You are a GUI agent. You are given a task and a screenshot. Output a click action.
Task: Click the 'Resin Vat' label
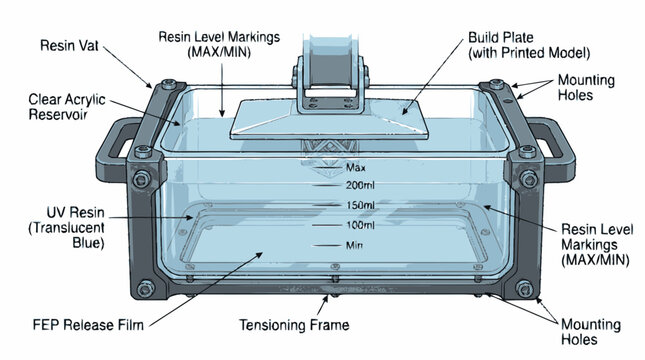pyautogui.click(x=69, y=45)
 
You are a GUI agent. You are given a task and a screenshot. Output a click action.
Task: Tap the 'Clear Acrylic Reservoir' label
pyautogui.click(x=67, y=107)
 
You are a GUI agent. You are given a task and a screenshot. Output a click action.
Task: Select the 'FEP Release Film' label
pyautogui.click(x=88, y=325)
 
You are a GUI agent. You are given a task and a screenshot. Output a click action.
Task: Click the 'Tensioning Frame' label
pyautogui.click(x=294, y=325)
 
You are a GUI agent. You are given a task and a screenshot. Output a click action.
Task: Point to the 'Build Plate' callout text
pyautogui.click(x=529, y=45)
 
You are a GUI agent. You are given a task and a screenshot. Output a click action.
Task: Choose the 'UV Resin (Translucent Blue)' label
pyautogui.click(x=67, y=228)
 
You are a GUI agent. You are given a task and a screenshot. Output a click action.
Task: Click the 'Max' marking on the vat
pyautogui.click(x=356, y=167)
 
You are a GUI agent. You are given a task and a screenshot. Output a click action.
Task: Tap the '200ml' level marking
pyautogui.click(x=360, y=186)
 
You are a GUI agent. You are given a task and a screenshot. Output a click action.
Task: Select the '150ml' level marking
pyautogui.click(x=360, y=205)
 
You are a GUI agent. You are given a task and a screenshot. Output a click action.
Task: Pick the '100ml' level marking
pyautogui.click(x=360, y=225)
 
